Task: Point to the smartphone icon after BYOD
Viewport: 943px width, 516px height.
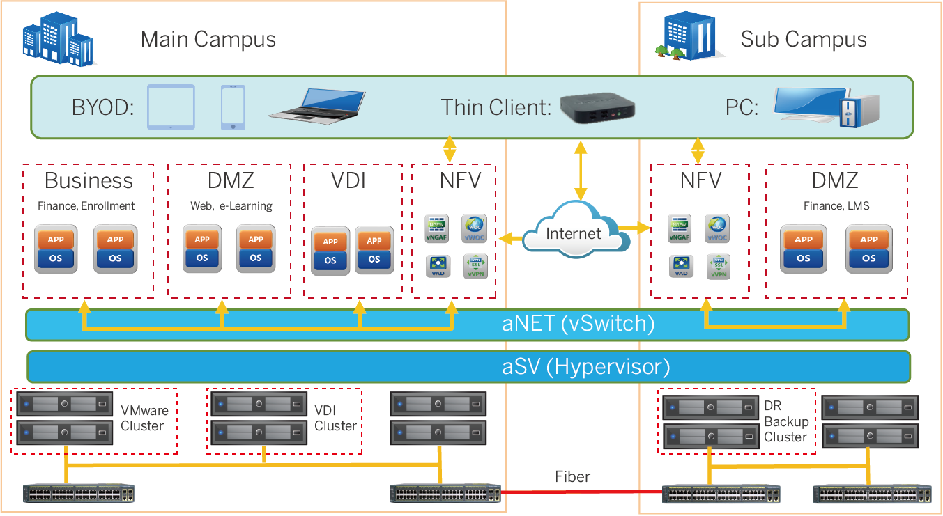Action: click(233, 108)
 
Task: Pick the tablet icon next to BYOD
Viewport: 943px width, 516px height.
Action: click(171, 107)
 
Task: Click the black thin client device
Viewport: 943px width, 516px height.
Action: click(598, 108)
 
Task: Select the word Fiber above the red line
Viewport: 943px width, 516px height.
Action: click(573, 477)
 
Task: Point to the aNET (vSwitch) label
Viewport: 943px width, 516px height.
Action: click(578, 324)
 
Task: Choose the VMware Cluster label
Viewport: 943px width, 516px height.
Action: click(142, 418)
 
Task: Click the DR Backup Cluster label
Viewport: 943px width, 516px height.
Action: click(785, 421)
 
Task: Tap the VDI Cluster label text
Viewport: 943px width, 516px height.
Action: click(335, 418)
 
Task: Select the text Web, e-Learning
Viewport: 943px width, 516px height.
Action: click(231, 206)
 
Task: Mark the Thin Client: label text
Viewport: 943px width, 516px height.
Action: click(496, 108)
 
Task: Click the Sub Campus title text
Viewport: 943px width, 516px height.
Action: click(803, 39)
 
